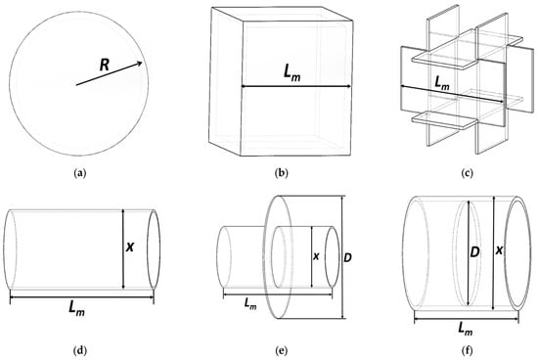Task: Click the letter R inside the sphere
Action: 105,65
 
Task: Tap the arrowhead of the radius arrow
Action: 140,63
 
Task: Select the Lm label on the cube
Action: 291,73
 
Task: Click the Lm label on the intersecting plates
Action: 442,83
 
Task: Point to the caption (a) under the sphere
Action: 80,173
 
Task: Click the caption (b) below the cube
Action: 282,173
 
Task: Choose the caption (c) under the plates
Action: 468,173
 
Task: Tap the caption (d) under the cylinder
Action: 80,351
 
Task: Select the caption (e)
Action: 282,351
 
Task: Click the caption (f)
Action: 468,351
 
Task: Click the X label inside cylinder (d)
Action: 130,247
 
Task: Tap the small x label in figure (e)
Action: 317,256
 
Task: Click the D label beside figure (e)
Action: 347,257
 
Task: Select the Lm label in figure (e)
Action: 250,303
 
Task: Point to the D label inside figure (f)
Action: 474,252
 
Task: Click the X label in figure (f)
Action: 499,250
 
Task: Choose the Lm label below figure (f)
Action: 466,329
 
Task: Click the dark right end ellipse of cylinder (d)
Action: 154,249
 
